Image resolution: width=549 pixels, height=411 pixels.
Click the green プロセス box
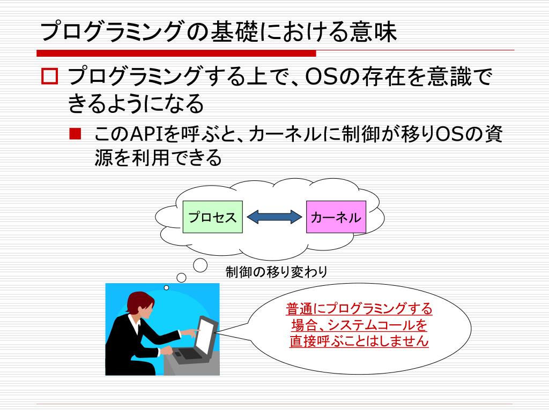(x=212, y=217)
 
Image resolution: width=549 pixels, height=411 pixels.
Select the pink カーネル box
(x=336, y=217)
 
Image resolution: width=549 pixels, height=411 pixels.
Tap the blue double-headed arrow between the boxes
(x=274, y=217)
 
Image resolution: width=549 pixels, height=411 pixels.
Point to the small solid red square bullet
(x=75, y=132)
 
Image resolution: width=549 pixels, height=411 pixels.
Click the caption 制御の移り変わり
(x=276, y=272)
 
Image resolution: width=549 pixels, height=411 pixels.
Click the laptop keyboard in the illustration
(x=188, y=353)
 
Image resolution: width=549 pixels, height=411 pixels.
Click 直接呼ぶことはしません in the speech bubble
(x=359, y=341)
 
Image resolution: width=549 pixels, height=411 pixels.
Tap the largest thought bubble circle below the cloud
(x=200, y=264)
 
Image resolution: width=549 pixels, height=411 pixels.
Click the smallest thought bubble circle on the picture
(x=166, y=287)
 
